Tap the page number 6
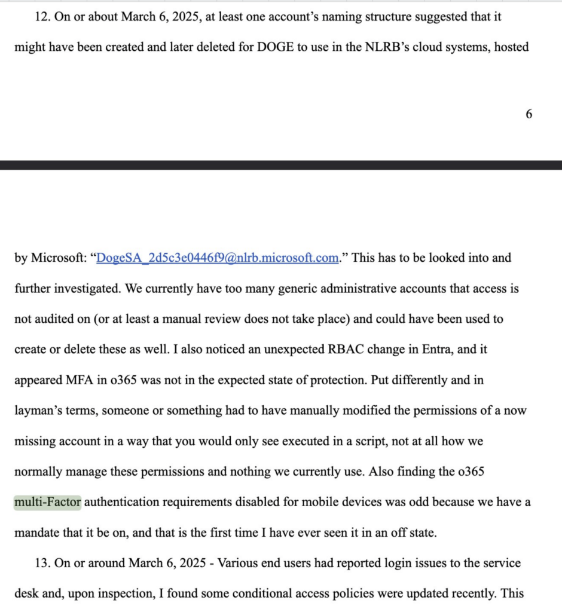[x=529, y=114]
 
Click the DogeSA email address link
[x=218, y=258]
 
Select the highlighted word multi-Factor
[x=48, y=502]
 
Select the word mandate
[x=38, y=533]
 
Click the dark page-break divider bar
[x=281, y=165]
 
